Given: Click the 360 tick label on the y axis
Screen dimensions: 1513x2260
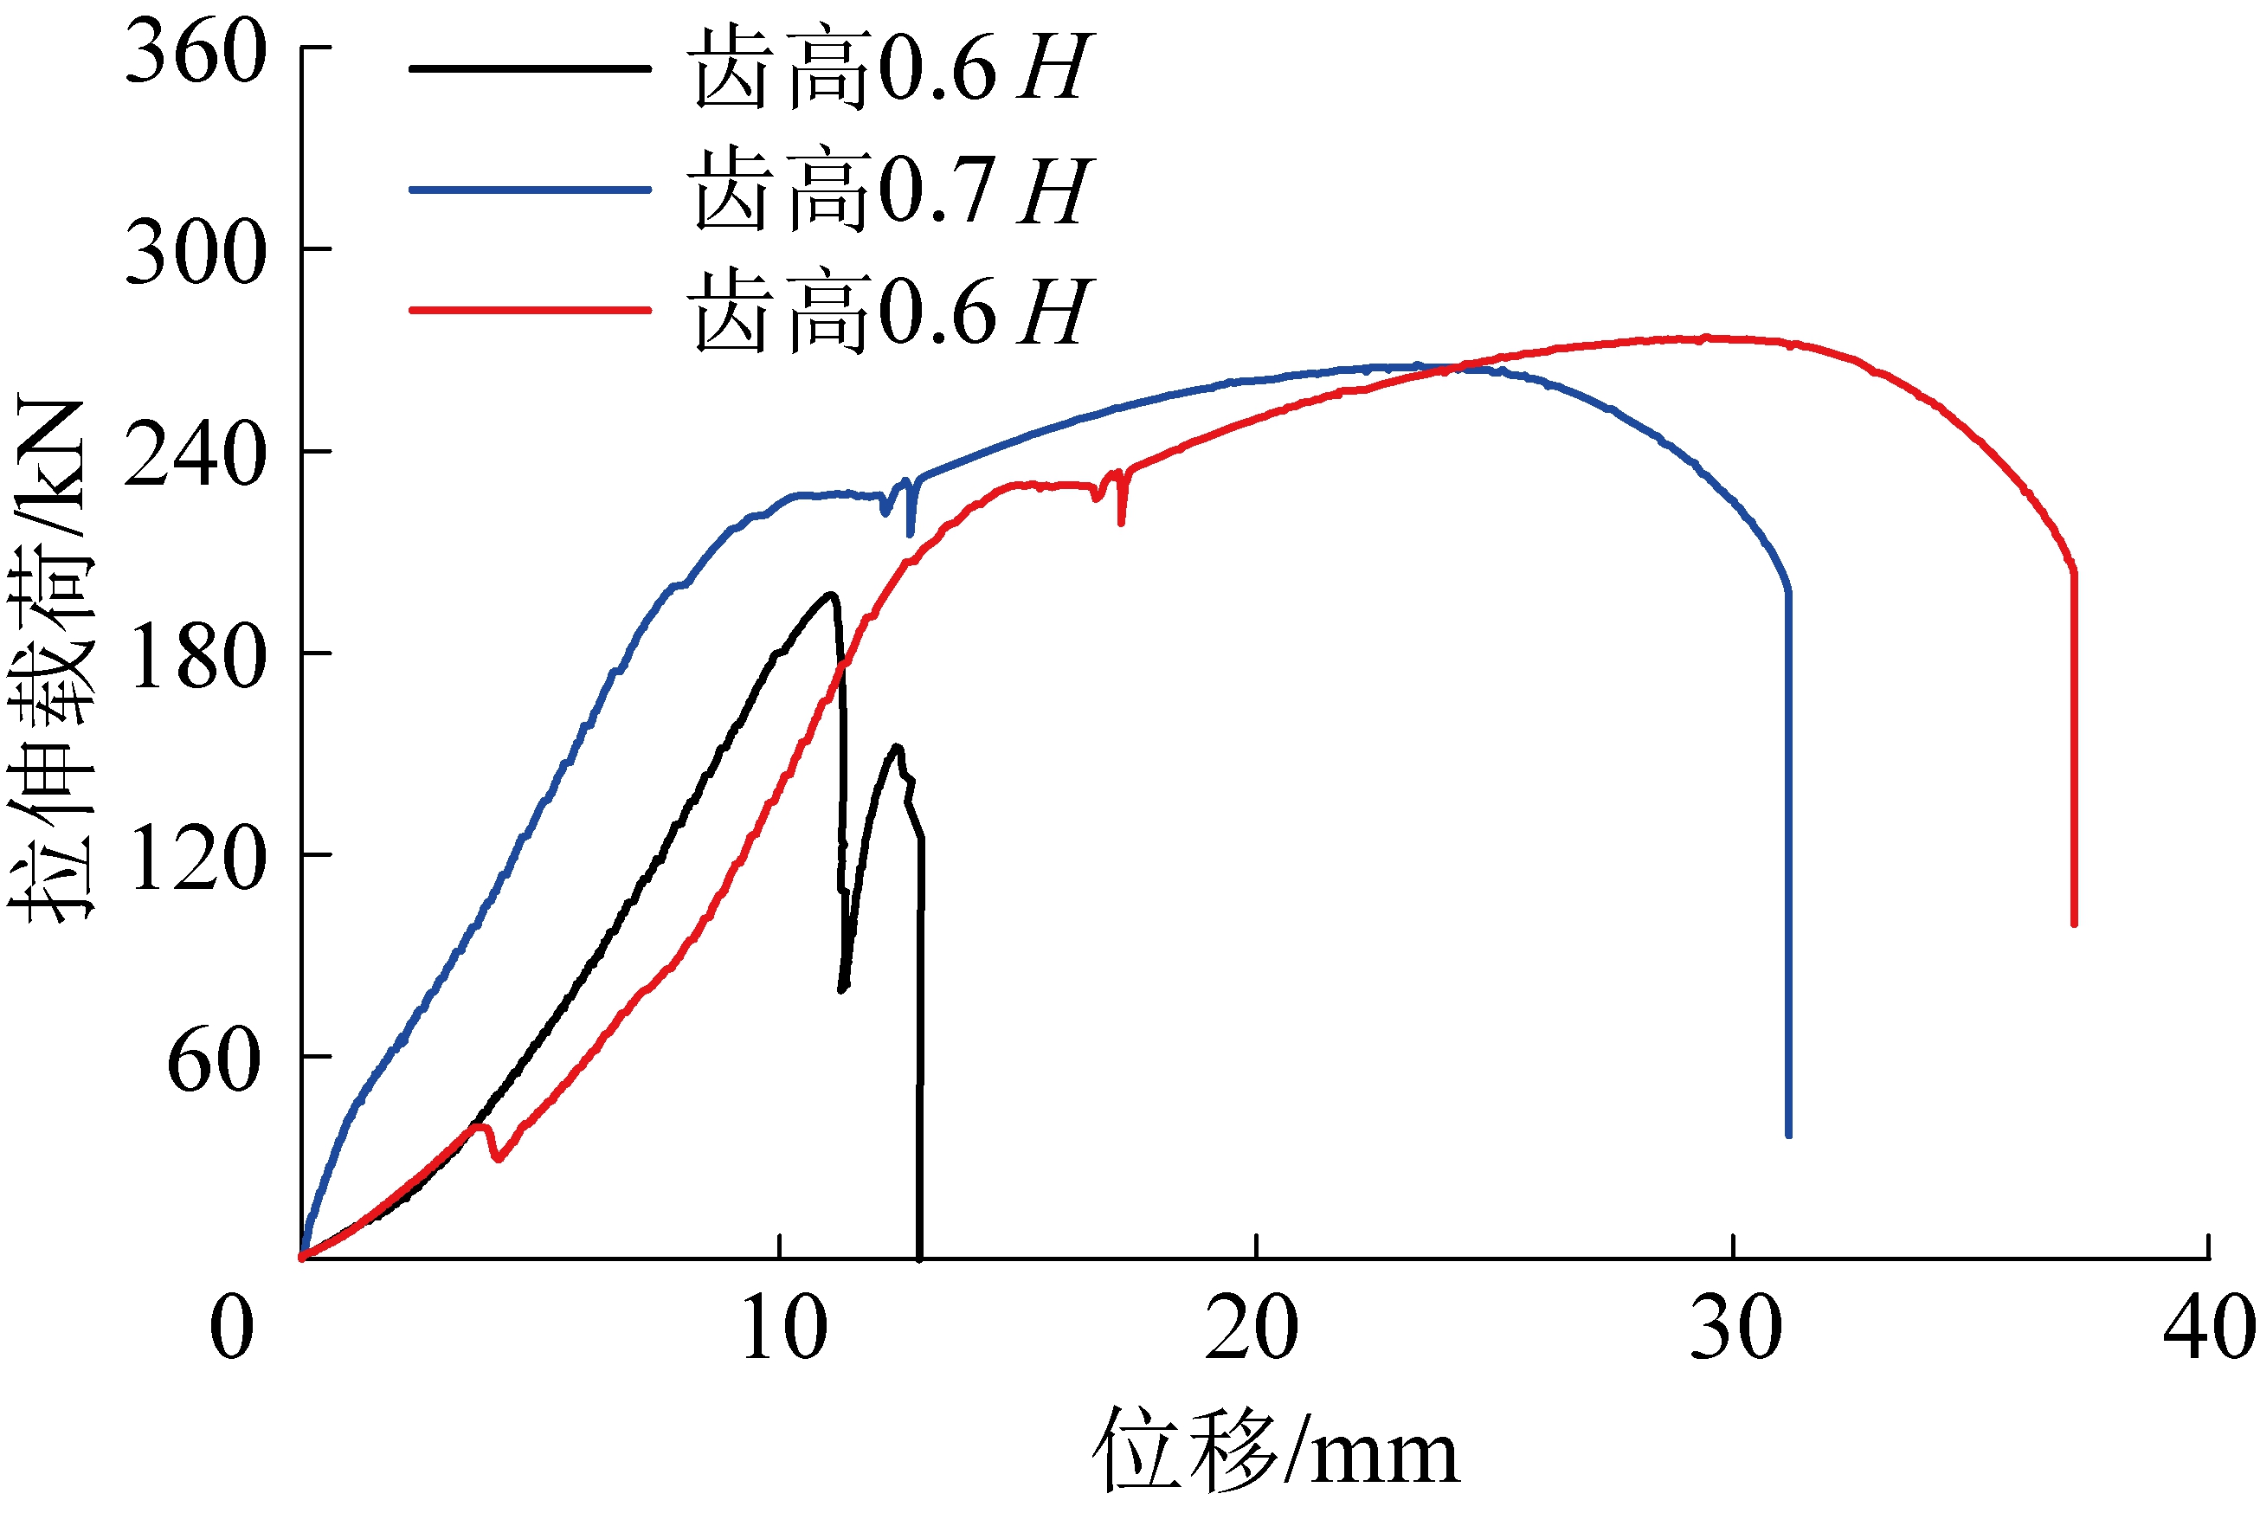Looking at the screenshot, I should click(x=195, y=54).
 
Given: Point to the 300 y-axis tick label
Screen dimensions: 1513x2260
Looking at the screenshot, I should click(x=195, y=253).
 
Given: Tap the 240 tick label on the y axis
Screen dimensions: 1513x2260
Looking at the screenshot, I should click(x=195, y=454).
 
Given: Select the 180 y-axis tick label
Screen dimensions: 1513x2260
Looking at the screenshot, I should click(x=195, y=656).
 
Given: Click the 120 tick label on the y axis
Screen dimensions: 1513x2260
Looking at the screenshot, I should click(x=195, y=858).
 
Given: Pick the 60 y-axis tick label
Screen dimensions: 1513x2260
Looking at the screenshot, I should click(x=214, y=1059).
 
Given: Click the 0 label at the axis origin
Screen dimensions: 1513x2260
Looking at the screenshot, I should click(x=232, y=1329).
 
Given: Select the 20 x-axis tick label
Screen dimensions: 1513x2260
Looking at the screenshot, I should click(x=1252, y=1329).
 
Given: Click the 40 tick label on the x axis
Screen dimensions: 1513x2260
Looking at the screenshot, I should click(x=2209, y=1329).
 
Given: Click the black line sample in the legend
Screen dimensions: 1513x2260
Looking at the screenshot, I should click(x=530, y=68).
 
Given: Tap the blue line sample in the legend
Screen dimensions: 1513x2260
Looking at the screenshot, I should click(x=530, y=189).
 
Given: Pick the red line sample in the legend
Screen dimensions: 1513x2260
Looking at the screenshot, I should click(x=530, y=311).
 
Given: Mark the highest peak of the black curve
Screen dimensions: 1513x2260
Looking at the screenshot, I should click(x=829, y=595).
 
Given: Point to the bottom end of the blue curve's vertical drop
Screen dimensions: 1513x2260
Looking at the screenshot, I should click(x=1788, y=1135).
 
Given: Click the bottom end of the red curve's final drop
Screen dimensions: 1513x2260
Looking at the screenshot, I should click(x=2074, y=924).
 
